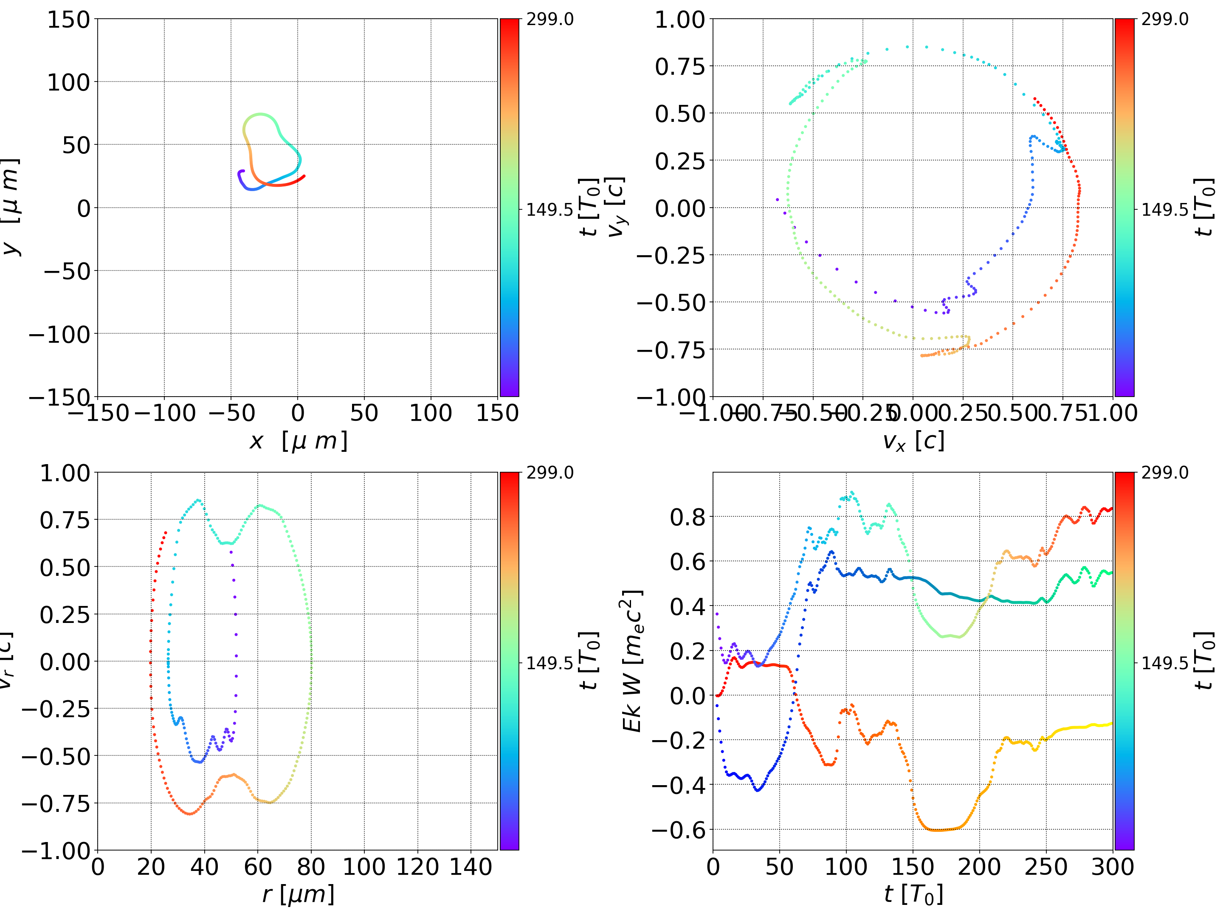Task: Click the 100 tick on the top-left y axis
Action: [x=68, y=82]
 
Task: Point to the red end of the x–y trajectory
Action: [x=304, y=176]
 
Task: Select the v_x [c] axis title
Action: [x=913, y=441]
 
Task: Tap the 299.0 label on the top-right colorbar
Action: [x=1164, y=20]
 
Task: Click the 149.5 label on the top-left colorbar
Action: [x=550, y=210]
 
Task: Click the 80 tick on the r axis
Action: [x=311, y=867]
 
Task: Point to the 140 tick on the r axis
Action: [x=471, y=867]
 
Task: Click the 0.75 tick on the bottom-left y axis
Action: [x=65, y=520]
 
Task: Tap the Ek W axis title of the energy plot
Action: [x=632, y=661]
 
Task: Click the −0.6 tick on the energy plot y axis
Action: [x=679, y=829]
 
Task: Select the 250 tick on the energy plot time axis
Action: [x=1046, y=867]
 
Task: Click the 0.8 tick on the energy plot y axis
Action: [x=688, y=517]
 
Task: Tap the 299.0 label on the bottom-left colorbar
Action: [x=550, y=473]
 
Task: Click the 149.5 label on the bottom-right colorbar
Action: [x=1164, y=662]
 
